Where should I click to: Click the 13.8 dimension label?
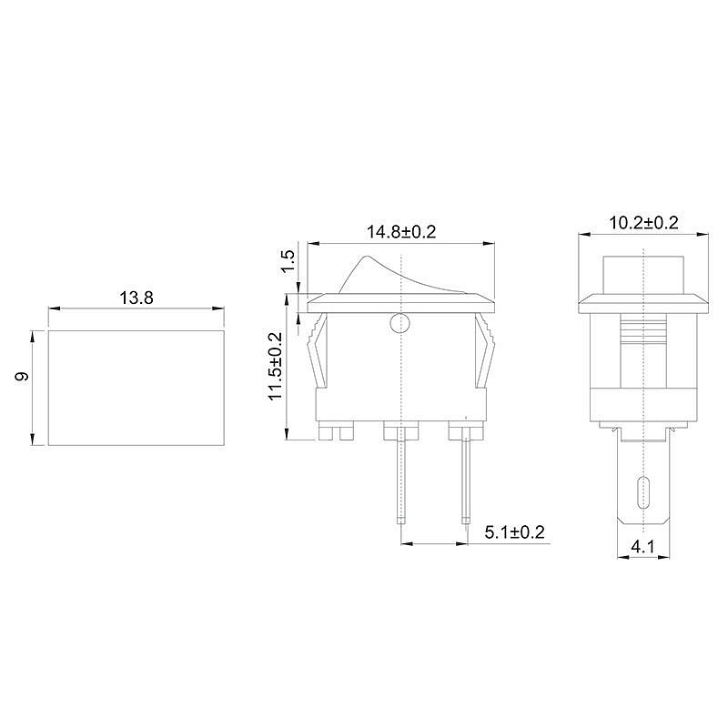point(136,298)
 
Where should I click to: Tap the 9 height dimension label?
point(22,376)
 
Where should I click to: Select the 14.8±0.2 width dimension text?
point(401,232)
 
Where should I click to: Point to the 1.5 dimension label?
point(288,261)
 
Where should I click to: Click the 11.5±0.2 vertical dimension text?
point(276,367)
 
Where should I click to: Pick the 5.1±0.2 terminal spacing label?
point(514,532)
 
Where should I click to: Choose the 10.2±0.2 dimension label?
point(643,223)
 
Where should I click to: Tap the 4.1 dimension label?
point(642,547)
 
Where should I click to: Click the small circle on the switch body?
point(400,323)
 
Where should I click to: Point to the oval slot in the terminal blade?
point(643,492)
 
